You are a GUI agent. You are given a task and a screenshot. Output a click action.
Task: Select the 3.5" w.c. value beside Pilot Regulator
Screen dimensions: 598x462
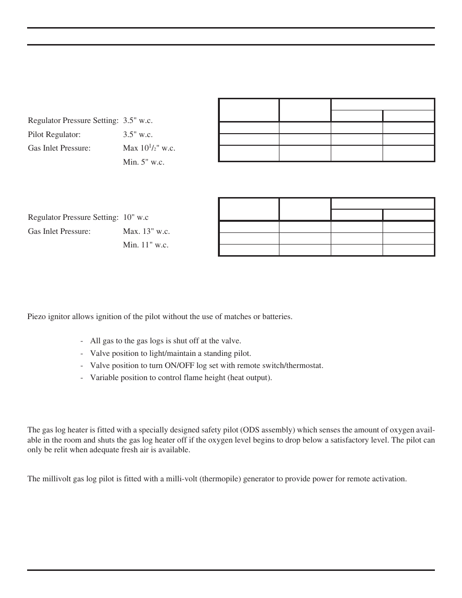138,134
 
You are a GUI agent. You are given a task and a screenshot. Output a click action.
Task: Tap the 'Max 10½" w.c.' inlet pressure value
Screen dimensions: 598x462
149,148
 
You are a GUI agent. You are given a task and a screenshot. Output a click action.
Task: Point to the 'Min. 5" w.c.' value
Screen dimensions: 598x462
143,162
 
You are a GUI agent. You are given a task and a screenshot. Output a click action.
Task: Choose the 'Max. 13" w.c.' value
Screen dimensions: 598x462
146,231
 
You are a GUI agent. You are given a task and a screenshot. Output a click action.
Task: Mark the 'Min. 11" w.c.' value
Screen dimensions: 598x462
146,245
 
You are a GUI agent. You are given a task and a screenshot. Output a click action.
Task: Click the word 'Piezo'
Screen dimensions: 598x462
36,317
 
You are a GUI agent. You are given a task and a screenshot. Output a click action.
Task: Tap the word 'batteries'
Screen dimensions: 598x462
277,317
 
